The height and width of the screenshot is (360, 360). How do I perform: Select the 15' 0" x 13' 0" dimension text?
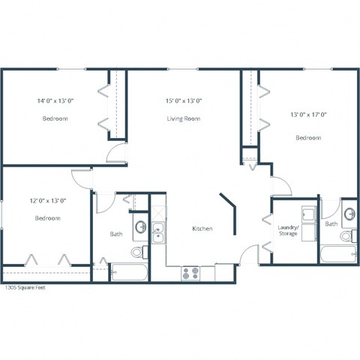point(184,100)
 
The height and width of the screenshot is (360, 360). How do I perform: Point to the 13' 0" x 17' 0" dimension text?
point(308,115)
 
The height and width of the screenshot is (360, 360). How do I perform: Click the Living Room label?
point(184,118)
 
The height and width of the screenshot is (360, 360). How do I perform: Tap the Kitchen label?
point(202,229)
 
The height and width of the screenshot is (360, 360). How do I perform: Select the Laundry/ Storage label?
point(288,230)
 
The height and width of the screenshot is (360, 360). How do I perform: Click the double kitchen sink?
point(157,232)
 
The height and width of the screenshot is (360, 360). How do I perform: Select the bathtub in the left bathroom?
point(127,271)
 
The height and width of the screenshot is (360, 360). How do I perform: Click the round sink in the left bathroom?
point(140,226)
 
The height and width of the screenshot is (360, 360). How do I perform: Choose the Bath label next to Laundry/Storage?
point(331,223)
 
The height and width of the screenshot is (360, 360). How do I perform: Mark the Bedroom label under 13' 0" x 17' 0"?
point(308,137)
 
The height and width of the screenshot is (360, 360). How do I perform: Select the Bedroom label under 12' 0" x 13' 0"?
point(48,218)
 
